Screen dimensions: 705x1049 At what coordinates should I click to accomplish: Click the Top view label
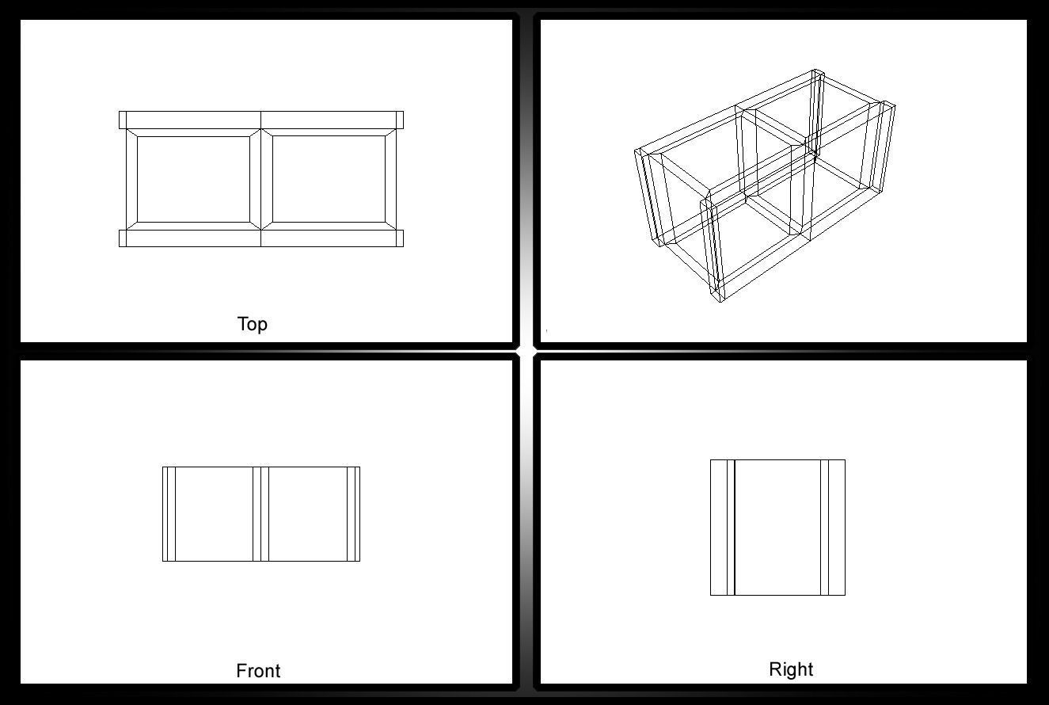click(x=253, y=324)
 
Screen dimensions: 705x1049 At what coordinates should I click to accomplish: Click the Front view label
click(x=258, y=671)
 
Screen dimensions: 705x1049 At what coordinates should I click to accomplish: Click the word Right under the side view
click(x=791, y=669)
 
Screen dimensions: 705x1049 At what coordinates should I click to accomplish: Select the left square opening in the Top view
click(x=193, y=179)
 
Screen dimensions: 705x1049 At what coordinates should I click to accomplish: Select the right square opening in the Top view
click(x=329, y=179)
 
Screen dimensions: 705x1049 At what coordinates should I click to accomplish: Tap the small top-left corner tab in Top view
click(x=123, y=120)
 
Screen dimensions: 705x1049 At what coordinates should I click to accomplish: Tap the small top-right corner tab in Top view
click(x=400, y=120)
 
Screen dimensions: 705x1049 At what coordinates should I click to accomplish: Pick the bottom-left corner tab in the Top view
click(x=123, y=238)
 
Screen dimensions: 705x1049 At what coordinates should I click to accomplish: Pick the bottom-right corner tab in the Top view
click(x=400, y=238)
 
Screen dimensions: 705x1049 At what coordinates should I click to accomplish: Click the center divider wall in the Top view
click(x=261, y=179)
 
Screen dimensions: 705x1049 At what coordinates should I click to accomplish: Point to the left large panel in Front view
click(x=214, y=514)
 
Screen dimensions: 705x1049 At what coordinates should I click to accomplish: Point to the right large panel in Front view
click(x=307, y=514)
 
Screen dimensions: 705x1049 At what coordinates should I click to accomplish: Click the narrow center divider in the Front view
click(x=261, y=514)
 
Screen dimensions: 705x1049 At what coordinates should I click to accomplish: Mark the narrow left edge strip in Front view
click(x=166, y=514)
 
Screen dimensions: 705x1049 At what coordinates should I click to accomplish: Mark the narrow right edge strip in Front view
click(x=356, y=514)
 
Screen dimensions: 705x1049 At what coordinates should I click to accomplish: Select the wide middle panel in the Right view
click(x=777, y=527)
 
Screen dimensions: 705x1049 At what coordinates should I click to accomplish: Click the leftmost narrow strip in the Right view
click(x=718, y=527)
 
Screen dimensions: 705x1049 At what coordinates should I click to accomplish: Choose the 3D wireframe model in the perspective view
click(x=764, y=186)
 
